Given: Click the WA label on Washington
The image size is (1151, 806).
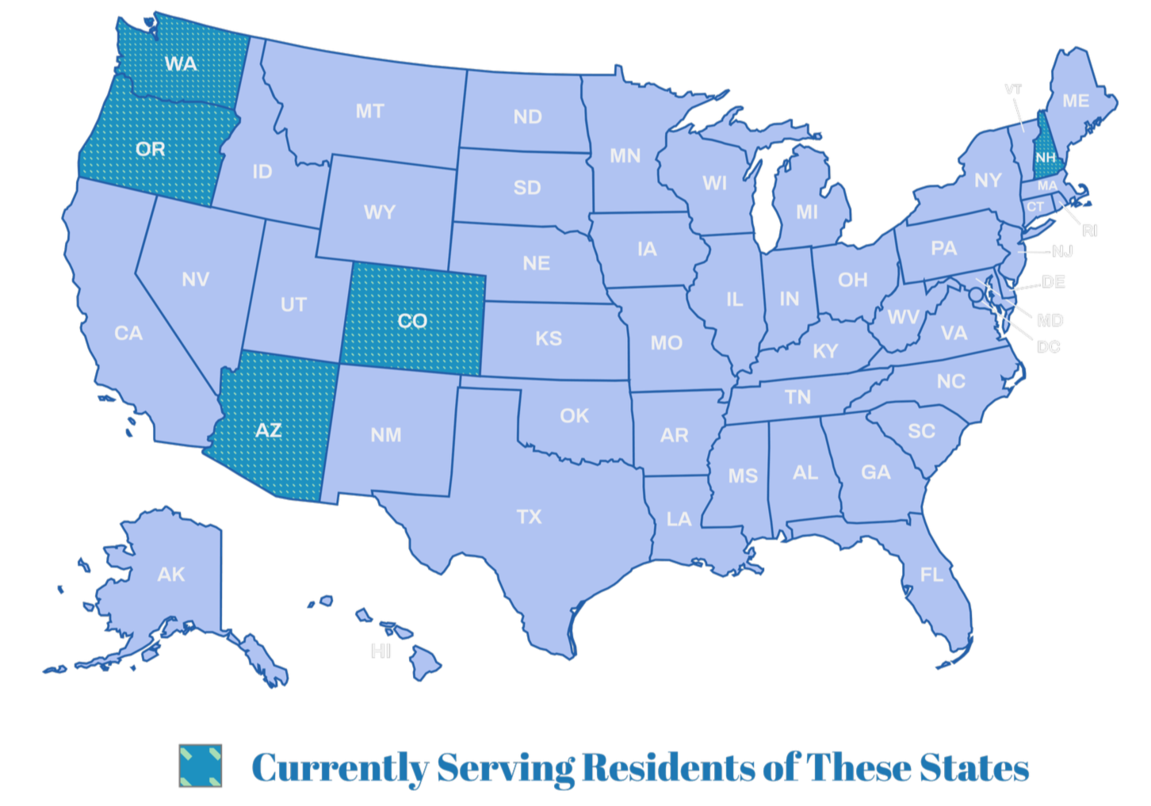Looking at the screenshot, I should (181, 63).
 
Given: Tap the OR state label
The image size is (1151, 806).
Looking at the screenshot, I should (151, 149).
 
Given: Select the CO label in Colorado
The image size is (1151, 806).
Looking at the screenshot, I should (412, 321).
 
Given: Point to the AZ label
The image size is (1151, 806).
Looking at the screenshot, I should (268, 430).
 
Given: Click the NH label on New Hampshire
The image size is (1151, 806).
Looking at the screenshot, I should (1046, 158).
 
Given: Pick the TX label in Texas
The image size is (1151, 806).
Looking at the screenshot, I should (529, 517).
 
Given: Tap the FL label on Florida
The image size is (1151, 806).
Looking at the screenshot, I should (931, 574).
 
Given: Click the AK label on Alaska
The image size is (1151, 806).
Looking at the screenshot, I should (171, 574).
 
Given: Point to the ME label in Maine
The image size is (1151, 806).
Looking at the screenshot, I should (1076, 101).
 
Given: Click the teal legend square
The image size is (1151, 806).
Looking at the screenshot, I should (200, 766).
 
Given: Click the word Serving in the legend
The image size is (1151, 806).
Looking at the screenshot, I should (506, 767).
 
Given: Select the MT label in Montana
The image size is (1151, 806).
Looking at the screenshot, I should (369, 112).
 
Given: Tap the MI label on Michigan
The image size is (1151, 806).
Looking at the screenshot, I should (807, 212).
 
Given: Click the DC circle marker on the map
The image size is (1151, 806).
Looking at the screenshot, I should (974, 293).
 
